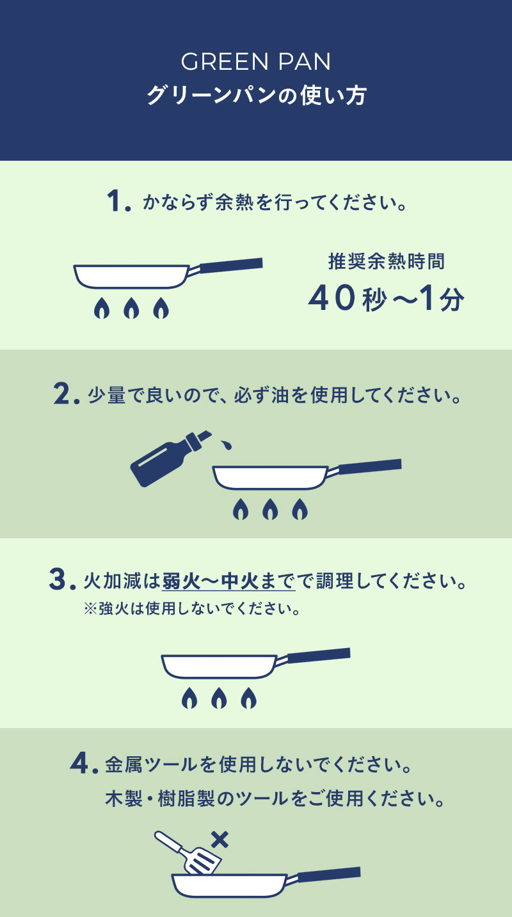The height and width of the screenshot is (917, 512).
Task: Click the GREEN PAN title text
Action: [x=256, y=62]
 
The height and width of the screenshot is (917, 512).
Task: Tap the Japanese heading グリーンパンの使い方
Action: [x=256, y=95]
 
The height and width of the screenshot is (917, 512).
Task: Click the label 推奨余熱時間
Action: [x=387, y=261]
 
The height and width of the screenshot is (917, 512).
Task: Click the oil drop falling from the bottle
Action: [x=226, y=444]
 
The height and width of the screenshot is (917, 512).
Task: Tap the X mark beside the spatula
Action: [x=220, y=840]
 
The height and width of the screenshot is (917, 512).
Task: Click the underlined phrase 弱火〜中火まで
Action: [x=228, y=581]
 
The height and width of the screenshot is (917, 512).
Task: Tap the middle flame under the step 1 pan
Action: [x=131, y=308]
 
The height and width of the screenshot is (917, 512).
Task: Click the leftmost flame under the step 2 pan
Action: [x=241, y=509]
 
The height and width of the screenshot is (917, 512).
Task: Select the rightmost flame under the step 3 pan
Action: [x=248, y=697]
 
